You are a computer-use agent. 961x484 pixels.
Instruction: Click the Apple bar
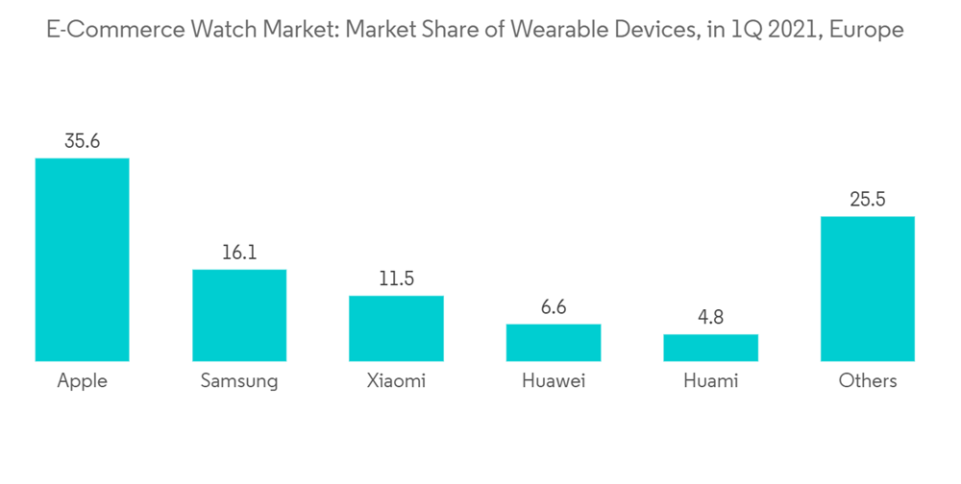pos(82,259)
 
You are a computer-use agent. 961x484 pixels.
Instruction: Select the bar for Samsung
pos(239,315)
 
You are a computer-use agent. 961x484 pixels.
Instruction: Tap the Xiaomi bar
pos(396,328)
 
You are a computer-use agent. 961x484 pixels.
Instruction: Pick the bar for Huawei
pos(554,342)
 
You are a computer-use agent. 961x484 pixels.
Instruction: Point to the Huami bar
pos(710,348)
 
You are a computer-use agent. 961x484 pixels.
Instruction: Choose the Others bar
pos(867,288)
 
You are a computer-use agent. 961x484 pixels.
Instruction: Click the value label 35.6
pos(82,141)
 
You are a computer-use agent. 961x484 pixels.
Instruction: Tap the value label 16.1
pos(239,253)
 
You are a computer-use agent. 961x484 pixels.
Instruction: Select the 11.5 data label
pos(396,279)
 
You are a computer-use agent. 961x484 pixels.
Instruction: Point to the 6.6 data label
pos(554,307)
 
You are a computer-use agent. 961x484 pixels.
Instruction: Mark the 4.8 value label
pos(710,318)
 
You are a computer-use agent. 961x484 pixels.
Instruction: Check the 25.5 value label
pos(867,200)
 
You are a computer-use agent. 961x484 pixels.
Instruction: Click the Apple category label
pos(82,381)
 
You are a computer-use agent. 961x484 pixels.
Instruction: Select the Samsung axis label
pos(239,381)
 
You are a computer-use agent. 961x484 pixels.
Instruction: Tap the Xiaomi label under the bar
pos(396,381)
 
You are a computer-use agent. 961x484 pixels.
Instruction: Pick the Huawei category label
pos(554,381)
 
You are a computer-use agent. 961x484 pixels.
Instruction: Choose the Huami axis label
pos(710,381)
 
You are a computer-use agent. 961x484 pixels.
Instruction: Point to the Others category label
pos(867,381)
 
